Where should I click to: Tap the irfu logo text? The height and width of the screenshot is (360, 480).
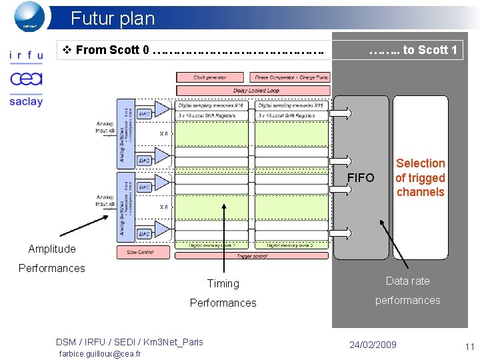coord(26,56)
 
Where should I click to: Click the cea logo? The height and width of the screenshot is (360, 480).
coord(26,79)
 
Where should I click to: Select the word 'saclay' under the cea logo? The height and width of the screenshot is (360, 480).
coord(26,101)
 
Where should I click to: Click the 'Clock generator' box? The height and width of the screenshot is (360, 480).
coord(210,77)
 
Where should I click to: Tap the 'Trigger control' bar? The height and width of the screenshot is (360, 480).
coord(252,255)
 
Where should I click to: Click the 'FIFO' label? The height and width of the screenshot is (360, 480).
coord(361,178)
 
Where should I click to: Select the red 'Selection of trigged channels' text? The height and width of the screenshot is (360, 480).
coord(420,177)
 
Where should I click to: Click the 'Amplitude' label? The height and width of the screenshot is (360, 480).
coord(52,249)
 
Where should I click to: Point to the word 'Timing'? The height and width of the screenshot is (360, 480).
coord(223,283)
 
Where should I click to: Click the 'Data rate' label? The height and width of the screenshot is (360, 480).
coord(407,281)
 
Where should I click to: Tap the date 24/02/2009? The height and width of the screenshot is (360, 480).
coord(373,345)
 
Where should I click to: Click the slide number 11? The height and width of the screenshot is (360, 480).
coord(469,347)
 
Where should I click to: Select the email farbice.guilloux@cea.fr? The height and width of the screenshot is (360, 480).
coord(100,354)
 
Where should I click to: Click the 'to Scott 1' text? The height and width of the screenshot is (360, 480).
coord(413,50)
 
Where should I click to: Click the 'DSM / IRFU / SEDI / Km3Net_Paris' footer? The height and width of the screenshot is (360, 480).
coord(129,342)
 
